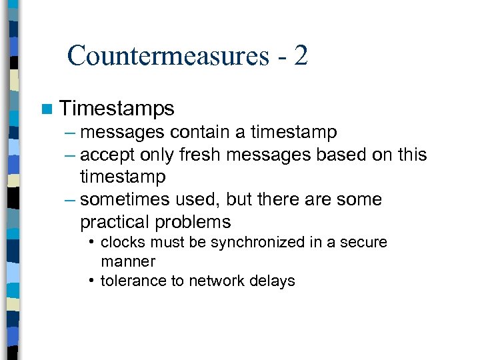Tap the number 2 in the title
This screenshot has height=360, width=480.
point(300,55)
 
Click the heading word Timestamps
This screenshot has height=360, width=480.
point(117,109)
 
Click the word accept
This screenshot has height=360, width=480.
point(109,155)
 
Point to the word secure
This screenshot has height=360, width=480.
point(364,243)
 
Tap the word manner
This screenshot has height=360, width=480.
point(127,261)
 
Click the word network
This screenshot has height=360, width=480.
point(215,281)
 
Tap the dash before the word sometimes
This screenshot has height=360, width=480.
point(71,199)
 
